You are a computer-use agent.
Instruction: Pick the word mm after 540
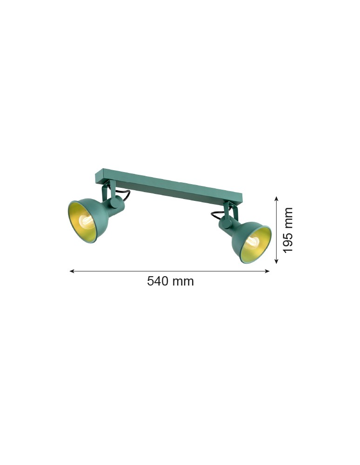coord(184,281)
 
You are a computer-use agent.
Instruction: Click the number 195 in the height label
coord(288,242)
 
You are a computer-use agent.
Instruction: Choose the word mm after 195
coord(288,217)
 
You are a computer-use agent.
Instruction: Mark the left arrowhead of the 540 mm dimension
coord(72,271)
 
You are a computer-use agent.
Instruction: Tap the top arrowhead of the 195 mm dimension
coord(276,199)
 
